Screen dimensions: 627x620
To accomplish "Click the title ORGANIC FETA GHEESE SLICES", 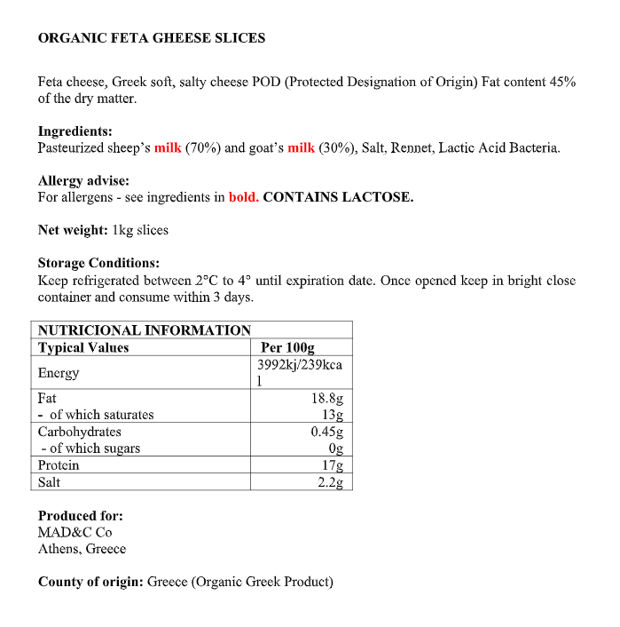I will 152,38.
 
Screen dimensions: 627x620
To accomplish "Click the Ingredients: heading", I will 75,131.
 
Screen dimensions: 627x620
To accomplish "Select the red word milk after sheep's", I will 168,147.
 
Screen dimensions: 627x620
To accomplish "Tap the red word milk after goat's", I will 301,147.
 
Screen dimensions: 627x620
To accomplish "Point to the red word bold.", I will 244,197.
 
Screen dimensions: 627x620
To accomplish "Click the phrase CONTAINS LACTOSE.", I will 339,197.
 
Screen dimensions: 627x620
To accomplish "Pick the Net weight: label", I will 73,230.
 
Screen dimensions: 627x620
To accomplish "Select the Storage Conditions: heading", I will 98,263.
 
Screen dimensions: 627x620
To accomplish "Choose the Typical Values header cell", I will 83,348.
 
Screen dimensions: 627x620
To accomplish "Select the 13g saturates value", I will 333,415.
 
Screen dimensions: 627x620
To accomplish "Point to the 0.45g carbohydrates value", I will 326,432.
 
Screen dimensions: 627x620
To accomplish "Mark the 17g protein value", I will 333,465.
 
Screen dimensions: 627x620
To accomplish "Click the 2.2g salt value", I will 330,482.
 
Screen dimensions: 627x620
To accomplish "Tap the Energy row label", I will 59,373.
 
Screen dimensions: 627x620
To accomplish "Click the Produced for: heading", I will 81,515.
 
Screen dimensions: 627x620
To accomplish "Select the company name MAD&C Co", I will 75,532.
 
